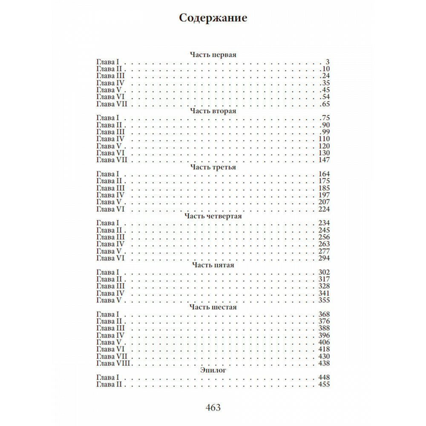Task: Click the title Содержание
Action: [213, 18]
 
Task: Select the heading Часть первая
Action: [213, 55]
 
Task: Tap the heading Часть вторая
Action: [213, 111]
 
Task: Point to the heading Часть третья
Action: [213, 167]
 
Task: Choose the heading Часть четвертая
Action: [213, 216]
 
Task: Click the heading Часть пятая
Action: [213, 265]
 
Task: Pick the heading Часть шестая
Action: [213, 307]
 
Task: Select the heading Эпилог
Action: [213, 371]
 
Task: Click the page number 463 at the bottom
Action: [213, 408]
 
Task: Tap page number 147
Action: [325, 160]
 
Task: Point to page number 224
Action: [325, 209]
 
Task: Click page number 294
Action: [325, 258]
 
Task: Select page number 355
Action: [325, 300]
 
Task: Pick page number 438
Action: [325, 363]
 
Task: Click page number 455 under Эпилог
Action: [325, 384]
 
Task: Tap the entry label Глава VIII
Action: [113, 363]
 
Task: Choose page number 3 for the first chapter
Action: [328, 62]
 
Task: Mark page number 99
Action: [326, 132]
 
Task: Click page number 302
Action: [325, 272]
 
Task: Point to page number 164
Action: [325, 174]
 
